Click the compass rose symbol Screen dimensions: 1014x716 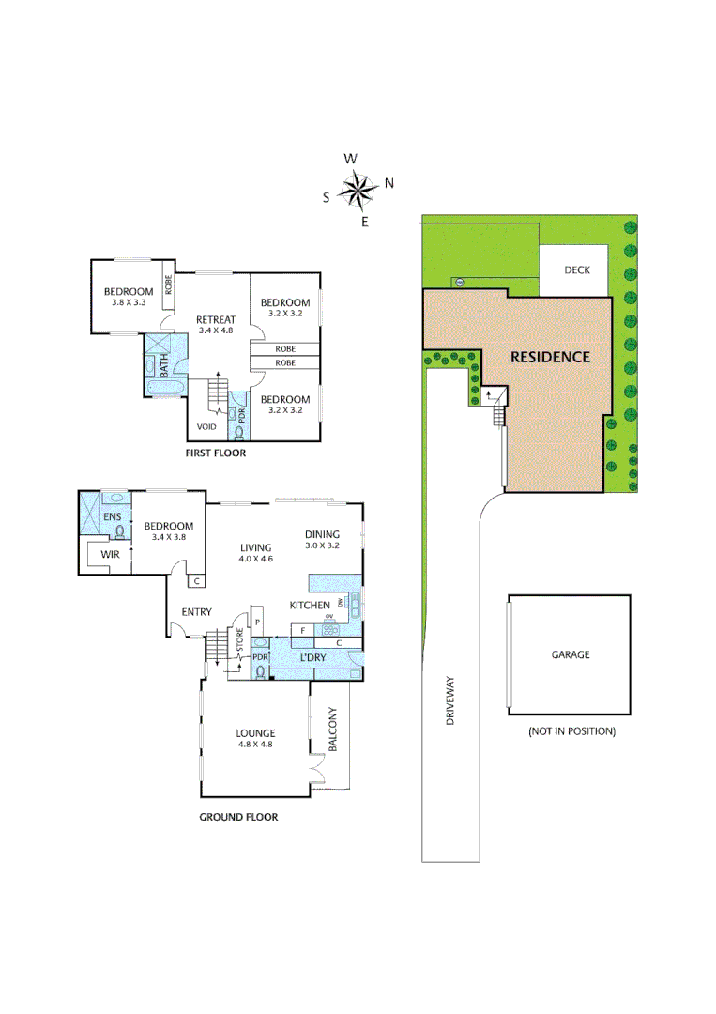357,191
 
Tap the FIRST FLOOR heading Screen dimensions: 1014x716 216,453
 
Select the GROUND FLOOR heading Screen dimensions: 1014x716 238,817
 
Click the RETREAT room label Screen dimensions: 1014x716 215,319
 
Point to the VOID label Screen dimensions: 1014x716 207,426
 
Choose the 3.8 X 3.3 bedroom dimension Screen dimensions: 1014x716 128,302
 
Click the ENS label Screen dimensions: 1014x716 112,516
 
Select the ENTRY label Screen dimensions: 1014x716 196,612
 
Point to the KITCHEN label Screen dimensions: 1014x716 309,605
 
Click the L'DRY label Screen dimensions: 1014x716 312,657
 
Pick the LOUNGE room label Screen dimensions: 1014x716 255,732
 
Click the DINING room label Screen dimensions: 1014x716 321,534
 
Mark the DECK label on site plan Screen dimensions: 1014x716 577,269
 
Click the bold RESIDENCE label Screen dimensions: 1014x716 550,357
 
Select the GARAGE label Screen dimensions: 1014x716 571,654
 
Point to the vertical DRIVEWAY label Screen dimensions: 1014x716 450,699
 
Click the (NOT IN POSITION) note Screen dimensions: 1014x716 571,730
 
